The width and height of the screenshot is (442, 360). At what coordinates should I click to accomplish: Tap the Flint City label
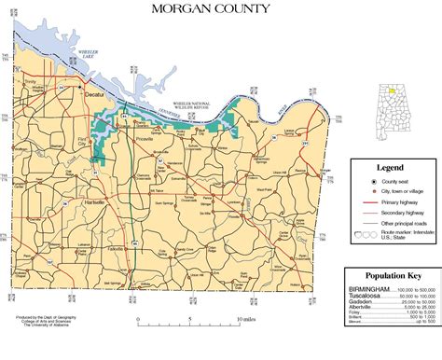point(83,141)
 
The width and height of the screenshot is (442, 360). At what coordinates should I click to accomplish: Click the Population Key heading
point(392,278)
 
